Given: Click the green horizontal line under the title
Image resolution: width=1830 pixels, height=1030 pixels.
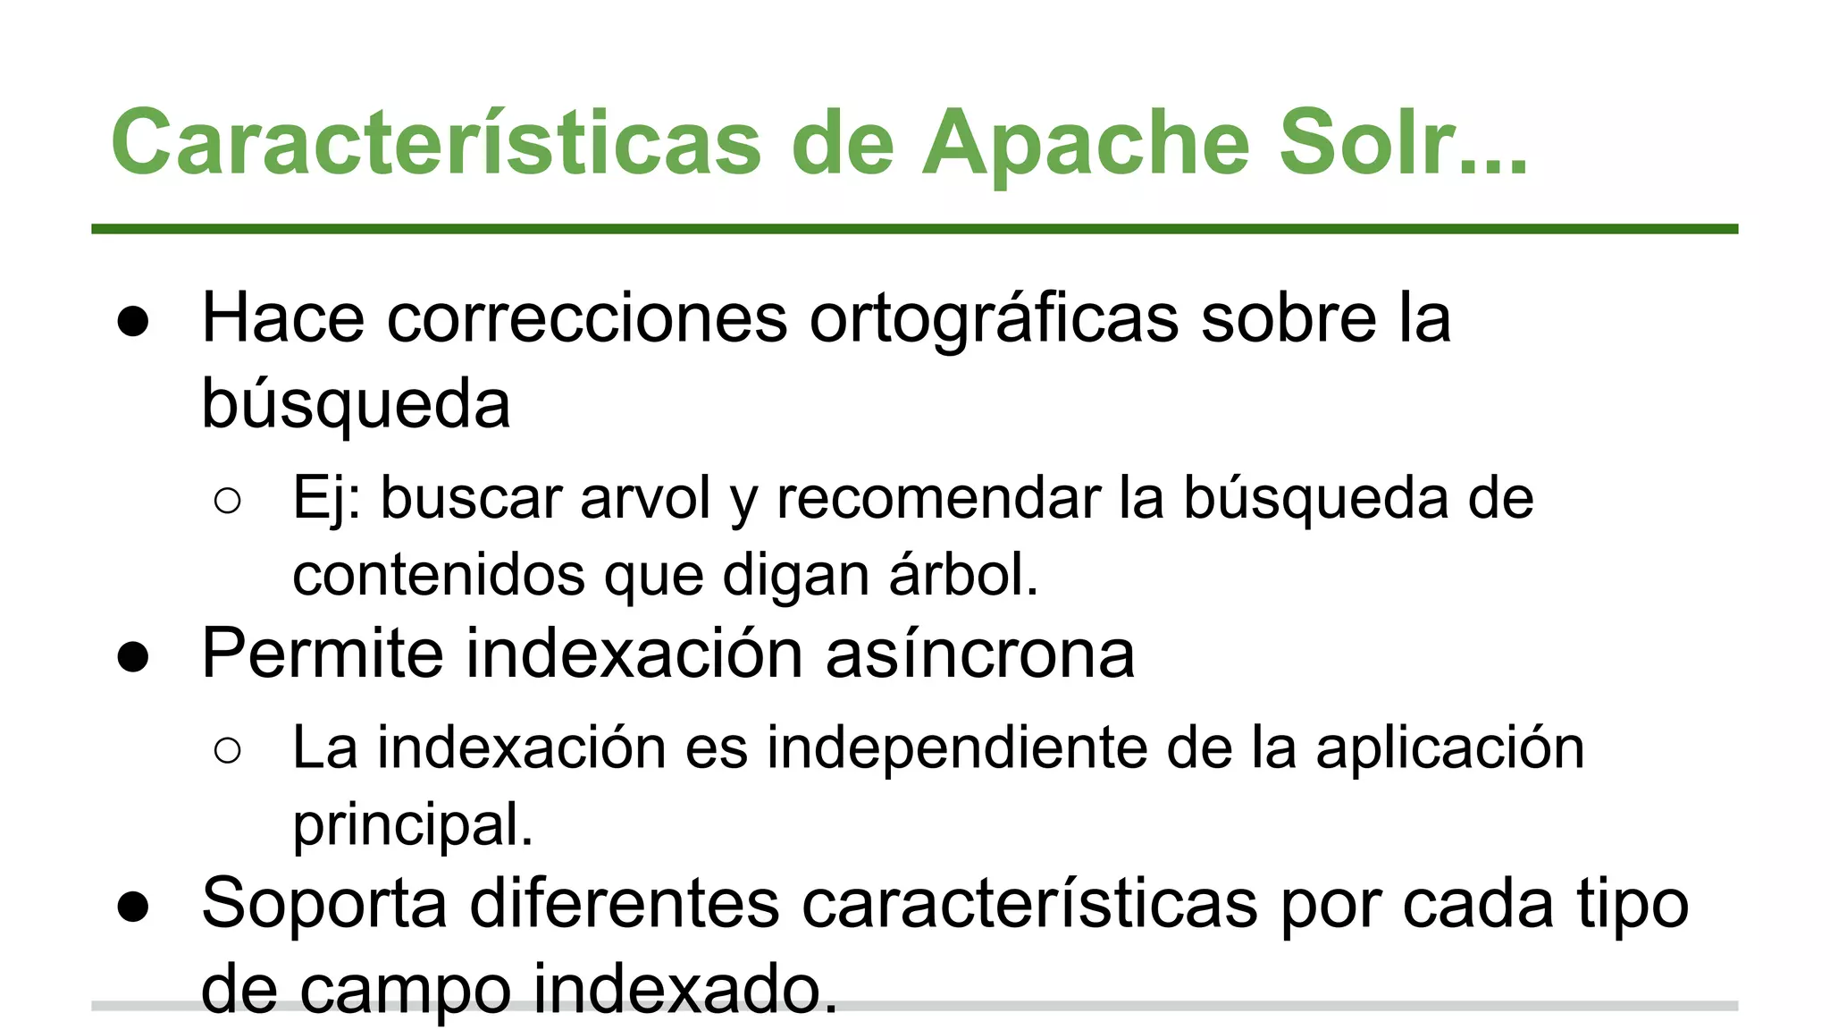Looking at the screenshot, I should point(914,230).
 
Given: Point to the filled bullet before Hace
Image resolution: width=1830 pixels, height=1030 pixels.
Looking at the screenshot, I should point(133,322).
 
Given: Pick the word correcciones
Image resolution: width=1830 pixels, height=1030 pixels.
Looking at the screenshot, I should point(586,318).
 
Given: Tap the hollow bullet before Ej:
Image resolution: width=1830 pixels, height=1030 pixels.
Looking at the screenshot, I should point(228,501).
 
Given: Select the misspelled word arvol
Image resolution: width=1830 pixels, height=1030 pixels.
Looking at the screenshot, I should point(645,498).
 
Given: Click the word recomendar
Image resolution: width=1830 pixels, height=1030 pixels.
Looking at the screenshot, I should point(937,498).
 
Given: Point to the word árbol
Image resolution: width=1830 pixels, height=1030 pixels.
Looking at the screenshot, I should point(963,574).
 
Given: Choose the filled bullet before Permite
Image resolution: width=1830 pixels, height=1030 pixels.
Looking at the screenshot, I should point(133,658).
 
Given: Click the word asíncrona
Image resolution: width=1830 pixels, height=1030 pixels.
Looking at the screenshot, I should point(979,654).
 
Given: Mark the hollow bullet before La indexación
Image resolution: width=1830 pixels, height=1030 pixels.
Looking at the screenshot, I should point(228,750).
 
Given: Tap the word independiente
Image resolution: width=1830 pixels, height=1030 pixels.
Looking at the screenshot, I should point(956,747).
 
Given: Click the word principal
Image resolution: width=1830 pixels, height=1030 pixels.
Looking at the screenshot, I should point(413,825).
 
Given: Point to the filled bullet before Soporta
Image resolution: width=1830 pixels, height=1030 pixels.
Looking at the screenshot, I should point(133,907).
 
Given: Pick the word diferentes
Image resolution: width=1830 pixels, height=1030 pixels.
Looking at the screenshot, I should point(624,903).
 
